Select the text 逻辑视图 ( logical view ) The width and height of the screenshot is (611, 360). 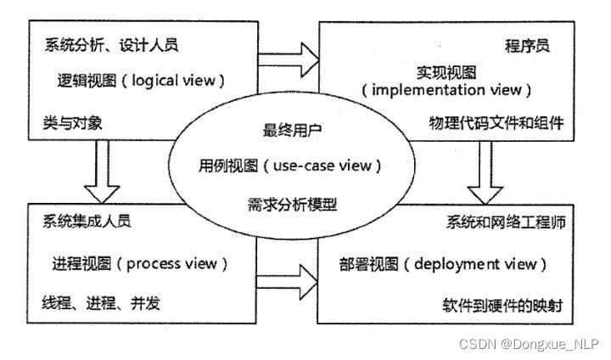(137, 82)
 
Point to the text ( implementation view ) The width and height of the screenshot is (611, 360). (447, 89)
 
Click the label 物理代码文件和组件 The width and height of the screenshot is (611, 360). (496, 124)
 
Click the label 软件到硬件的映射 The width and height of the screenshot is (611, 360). (502, 304)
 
